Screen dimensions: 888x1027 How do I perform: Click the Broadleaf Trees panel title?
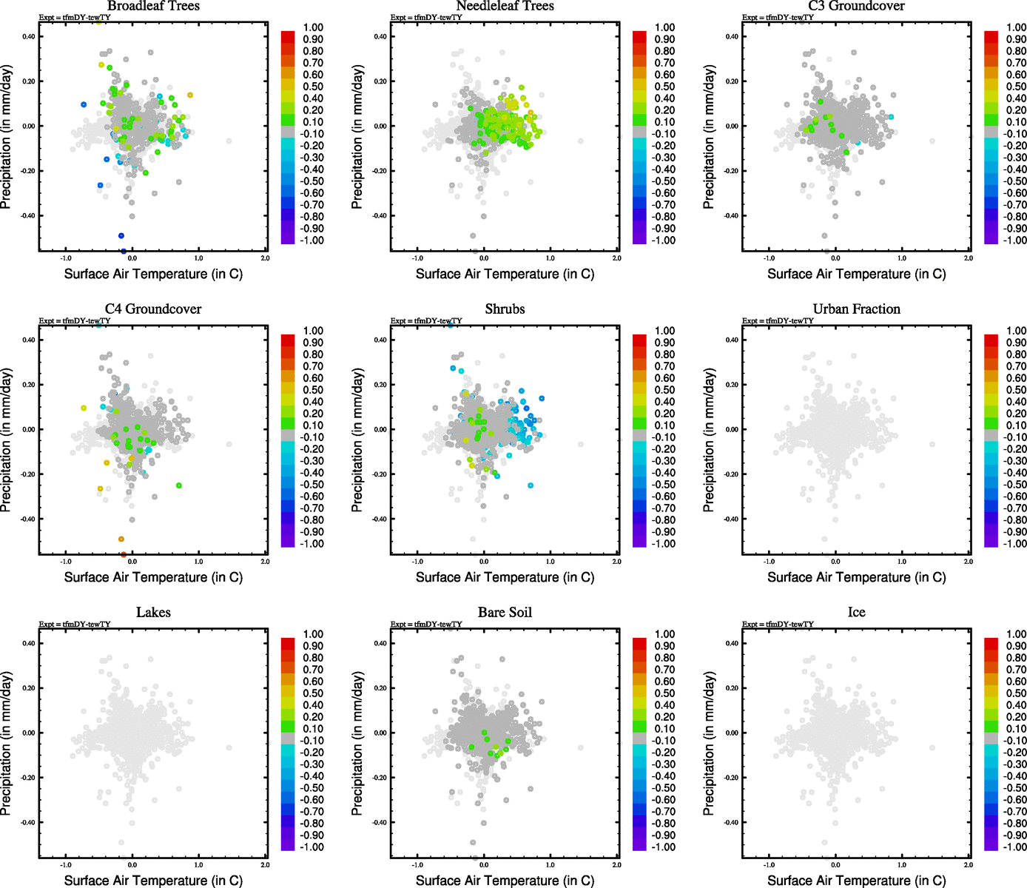tap(153, 6)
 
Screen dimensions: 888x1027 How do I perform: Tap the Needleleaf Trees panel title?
tap(505, 6)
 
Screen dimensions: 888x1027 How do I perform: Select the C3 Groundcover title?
tap(856, 6)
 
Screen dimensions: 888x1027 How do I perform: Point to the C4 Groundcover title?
tap(153, 309)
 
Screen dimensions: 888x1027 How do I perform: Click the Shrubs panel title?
tap(505, 309)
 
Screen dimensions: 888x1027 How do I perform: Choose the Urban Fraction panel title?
tap(856, 309)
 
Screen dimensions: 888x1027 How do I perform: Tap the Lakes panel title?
tap(153, 613)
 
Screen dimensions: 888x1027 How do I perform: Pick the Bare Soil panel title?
tap(505, 613)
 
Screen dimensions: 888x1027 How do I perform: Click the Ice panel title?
tap(856, 613)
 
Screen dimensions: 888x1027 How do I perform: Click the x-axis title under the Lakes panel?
tap(153, 881)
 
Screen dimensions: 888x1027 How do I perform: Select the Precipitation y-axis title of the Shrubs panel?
tap(357, 440)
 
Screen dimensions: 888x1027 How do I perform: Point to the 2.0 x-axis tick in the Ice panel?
tap(968, 865)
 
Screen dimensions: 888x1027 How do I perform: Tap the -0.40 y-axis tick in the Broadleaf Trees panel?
tap(27, 216)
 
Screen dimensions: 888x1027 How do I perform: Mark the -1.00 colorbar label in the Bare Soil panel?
tap(663, 847)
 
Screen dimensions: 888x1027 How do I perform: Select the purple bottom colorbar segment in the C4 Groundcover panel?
tap(288, 542)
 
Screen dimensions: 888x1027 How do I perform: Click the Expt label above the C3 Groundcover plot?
tap(778, 17)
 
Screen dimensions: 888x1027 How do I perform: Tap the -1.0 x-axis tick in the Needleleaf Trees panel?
tap(417, 258)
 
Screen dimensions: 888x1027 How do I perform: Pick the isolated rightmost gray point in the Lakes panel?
tap(229, 747)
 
